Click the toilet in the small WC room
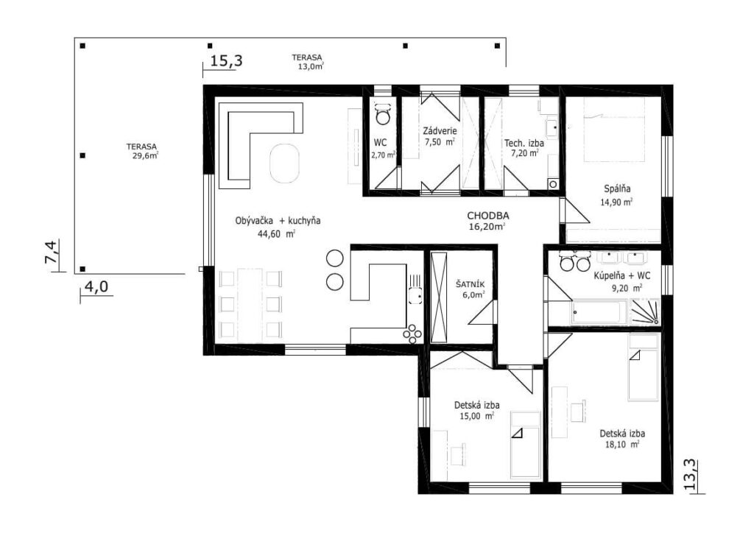pos(383,113)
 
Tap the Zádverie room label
pos(440,131)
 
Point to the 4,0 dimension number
pos(96,287)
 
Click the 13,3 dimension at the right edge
pos(690,475)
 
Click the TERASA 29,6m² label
pos(142,151)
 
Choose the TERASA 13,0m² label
pos(307,62)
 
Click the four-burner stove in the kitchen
pos(412,333)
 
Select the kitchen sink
pos(415,294)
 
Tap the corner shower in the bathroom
pos(645,311)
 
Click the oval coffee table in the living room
pos(284,163)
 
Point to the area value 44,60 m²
pos(277,234)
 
